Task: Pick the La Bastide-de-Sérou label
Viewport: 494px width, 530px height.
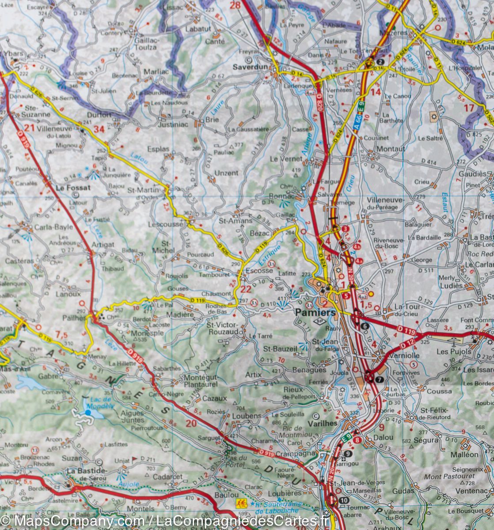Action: point(87,474)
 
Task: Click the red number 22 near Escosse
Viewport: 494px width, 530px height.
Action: point(246,289)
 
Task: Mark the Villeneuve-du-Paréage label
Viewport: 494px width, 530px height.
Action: point(385,203)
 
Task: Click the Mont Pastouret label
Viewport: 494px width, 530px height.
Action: point(449,476)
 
